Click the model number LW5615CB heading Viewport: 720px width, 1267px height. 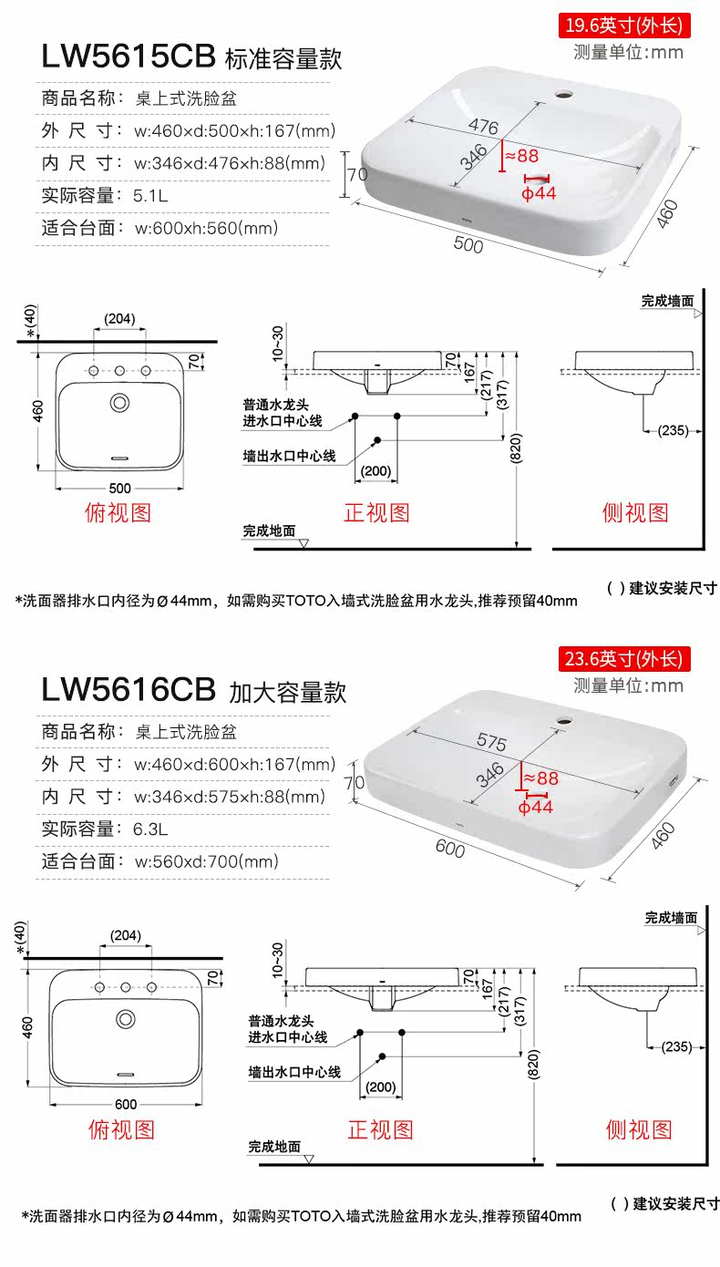[x=128, y=56]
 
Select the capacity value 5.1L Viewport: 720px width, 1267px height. [x=151, y=195]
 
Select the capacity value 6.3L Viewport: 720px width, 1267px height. [x=151, y=828]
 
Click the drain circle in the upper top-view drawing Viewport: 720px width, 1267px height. [x=119, y=402]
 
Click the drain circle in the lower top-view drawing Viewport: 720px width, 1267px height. [x=126, y=1017]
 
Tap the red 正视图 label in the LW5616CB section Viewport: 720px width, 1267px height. [x=380, y=1130]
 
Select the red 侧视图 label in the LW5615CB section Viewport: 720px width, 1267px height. [x=635, y=512]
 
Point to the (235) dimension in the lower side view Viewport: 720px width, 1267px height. [x=675, y=1046]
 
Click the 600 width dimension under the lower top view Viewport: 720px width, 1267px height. [x=126, y=1104]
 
